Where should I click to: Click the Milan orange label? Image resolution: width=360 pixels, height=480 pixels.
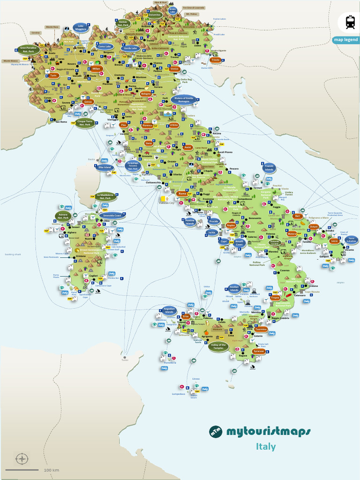(x=97, y=68)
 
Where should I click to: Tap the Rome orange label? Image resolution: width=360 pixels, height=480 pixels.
(x=182, y=194)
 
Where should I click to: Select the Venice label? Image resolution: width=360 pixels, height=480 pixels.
(x=174, y=69)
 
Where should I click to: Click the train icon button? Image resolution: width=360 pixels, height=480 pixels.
(x=350, y=22)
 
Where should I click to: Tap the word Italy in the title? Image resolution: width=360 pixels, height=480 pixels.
(x=266, y=447)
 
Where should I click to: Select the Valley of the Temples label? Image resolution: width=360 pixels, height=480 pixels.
(x=219, y=347)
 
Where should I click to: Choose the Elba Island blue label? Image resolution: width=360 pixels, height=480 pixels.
(x=105, y=167)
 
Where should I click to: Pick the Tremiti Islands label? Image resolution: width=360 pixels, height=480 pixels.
(x=269, y=168)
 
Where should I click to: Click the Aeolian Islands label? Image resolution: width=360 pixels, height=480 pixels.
(x=234, y=289)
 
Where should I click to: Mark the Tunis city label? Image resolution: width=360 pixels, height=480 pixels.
(x=124, y=360)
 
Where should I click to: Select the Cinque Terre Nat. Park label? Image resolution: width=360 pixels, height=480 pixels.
(x=85, y=123)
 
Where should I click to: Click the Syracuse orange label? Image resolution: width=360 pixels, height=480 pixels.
(x=259, y=351)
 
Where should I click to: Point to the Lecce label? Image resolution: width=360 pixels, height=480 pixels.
(x=334, y=241)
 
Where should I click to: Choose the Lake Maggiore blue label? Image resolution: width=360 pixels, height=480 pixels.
(x=81, y=28)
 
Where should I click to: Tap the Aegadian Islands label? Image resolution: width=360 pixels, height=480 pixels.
(x=170, y=310)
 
